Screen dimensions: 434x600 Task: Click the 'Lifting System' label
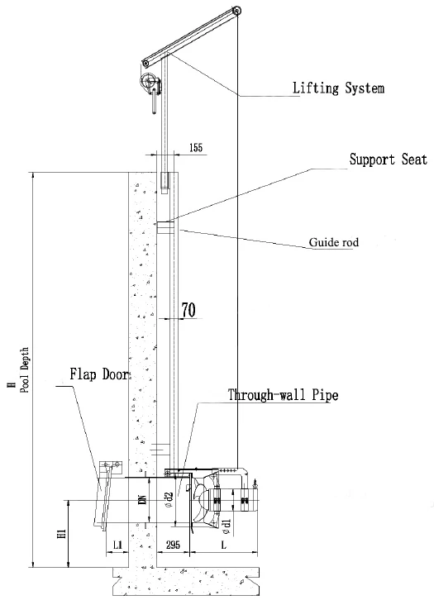[x=338, y=88]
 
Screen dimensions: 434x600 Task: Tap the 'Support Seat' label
[x=388, y=159]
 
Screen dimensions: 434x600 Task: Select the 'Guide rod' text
[x=334, y=242]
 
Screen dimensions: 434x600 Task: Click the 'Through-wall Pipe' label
[x=284, y=394]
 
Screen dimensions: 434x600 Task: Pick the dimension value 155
[x=196, y=148]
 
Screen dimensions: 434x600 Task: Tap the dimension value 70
[x=188, y=310]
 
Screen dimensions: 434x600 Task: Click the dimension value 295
[x=173, y=545]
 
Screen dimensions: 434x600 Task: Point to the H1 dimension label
[x=63, y=534]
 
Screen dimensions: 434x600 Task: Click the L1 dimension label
[x=118, y=545]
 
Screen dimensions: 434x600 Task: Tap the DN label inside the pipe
[x=142, y=499]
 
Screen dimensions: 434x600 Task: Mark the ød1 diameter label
[x=227, y=527]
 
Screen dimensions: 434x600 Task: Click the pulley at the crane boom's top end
[x=237, y=11]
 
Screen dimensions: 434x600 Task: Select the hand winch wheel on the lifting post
[x=148, y=83]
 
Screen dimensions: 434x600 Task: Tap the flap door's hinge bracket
[x=111, y=465]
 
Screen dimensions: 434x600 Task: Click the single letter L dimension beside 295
[x=224, y=544]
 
